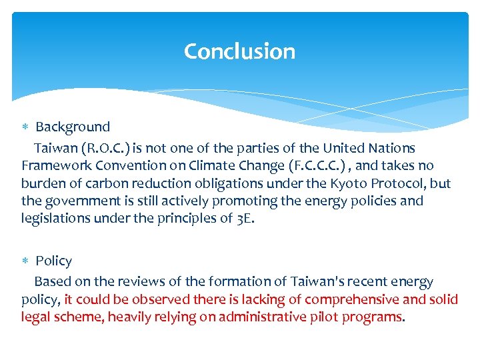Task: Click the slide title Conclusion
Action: tap(239, 51)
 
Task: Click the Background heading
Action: tap(73, 127)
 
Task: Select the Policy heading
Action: tap(53, 261)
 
